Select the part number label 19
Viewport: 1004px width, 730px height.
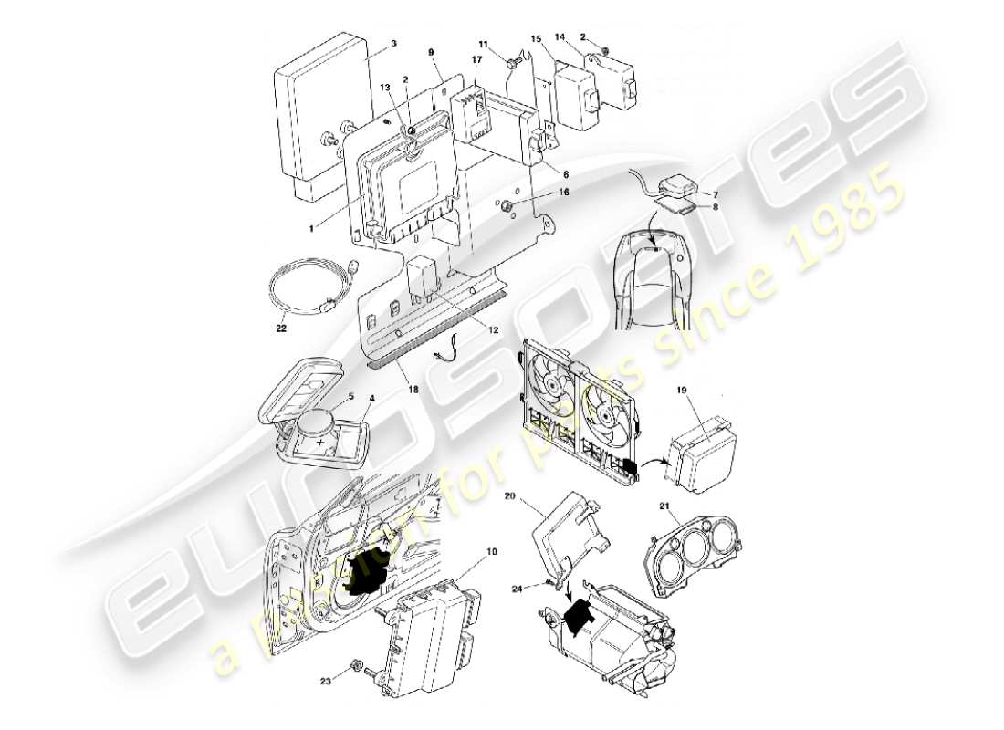tap(681, 389)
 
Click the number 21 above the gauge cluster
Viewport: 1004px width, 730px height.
tap(664, 505)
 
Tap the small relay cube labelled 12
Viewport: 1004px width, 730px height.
tap(423, 273)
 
